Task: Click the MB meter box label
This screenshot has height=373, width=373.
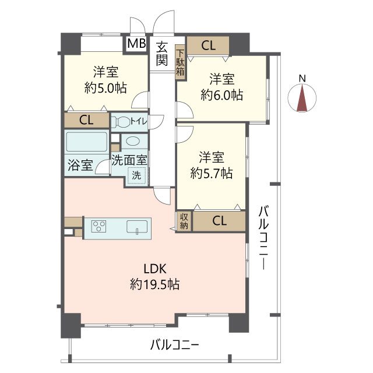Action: pos(136,43)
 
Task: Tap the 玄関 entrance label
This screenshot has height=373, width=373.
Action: pos(162,54)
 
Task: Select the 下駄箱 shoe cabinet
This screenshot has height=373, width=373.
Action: pos(180,62)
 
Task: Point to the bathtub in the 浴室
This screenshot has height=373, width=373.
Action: pos(86,142)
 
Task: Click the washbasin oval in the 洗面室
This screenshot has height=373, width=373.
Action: pos(134,141)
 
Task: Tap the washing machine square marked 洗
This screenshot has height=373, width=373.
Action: pos(136,175)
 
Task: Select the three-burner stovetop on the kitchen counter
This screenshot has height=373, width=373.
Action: pos(98,226)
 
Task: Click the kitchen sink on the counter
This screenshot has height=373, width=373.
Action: pos(137,227)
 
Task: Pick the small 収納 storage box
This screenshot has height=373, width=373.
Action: pos(184,221)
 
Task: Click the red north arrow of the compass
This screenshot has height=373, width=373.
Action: pos(302,98)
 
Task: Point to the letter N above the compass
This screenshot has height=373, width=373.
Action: pos(302,78)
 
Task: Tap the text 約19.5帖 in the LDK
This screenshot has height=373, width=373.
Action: pos(154,284)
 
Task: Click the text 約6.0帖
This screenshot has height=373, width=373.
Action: pos(221,94)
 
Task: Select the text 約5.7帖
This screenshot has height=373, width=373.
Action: pos(211,173)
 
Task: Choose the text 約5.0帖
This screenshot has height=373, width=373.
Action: pos(105,87)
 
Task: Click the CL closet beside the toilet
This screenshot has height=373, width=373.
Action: pos(87,120)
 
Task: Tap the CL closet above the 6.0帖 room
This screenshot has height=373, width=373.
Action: pos(208,45)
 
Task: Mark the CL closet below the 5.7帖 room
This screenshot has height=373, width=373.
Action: pos(219,221)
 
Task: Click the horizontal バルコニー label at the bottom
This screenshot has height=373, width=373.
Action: pos(174,344)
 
